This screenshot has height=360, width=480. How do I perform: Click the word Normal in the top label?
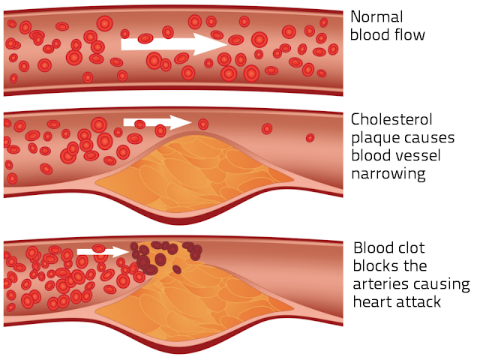[x=376, y=16]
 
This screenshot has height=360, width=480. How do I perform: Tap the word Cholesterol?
[x=391, y=119]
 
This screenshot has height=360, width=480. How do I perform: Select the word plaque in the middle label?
[x=374, y=137]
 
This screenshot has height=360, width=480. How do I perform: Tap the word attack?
[x=420, y=302]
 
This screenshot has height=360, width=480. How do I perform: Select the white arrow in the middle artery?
[x=157, y=122]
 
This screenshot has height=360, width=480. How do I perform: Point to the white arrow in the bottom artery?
[x=103, y=250]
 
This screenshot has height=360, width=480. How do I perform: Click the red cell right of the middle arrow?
[x=203, y=124]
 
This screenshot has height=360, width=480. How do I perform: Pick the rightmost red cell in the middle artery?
[x=310, y=138]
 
